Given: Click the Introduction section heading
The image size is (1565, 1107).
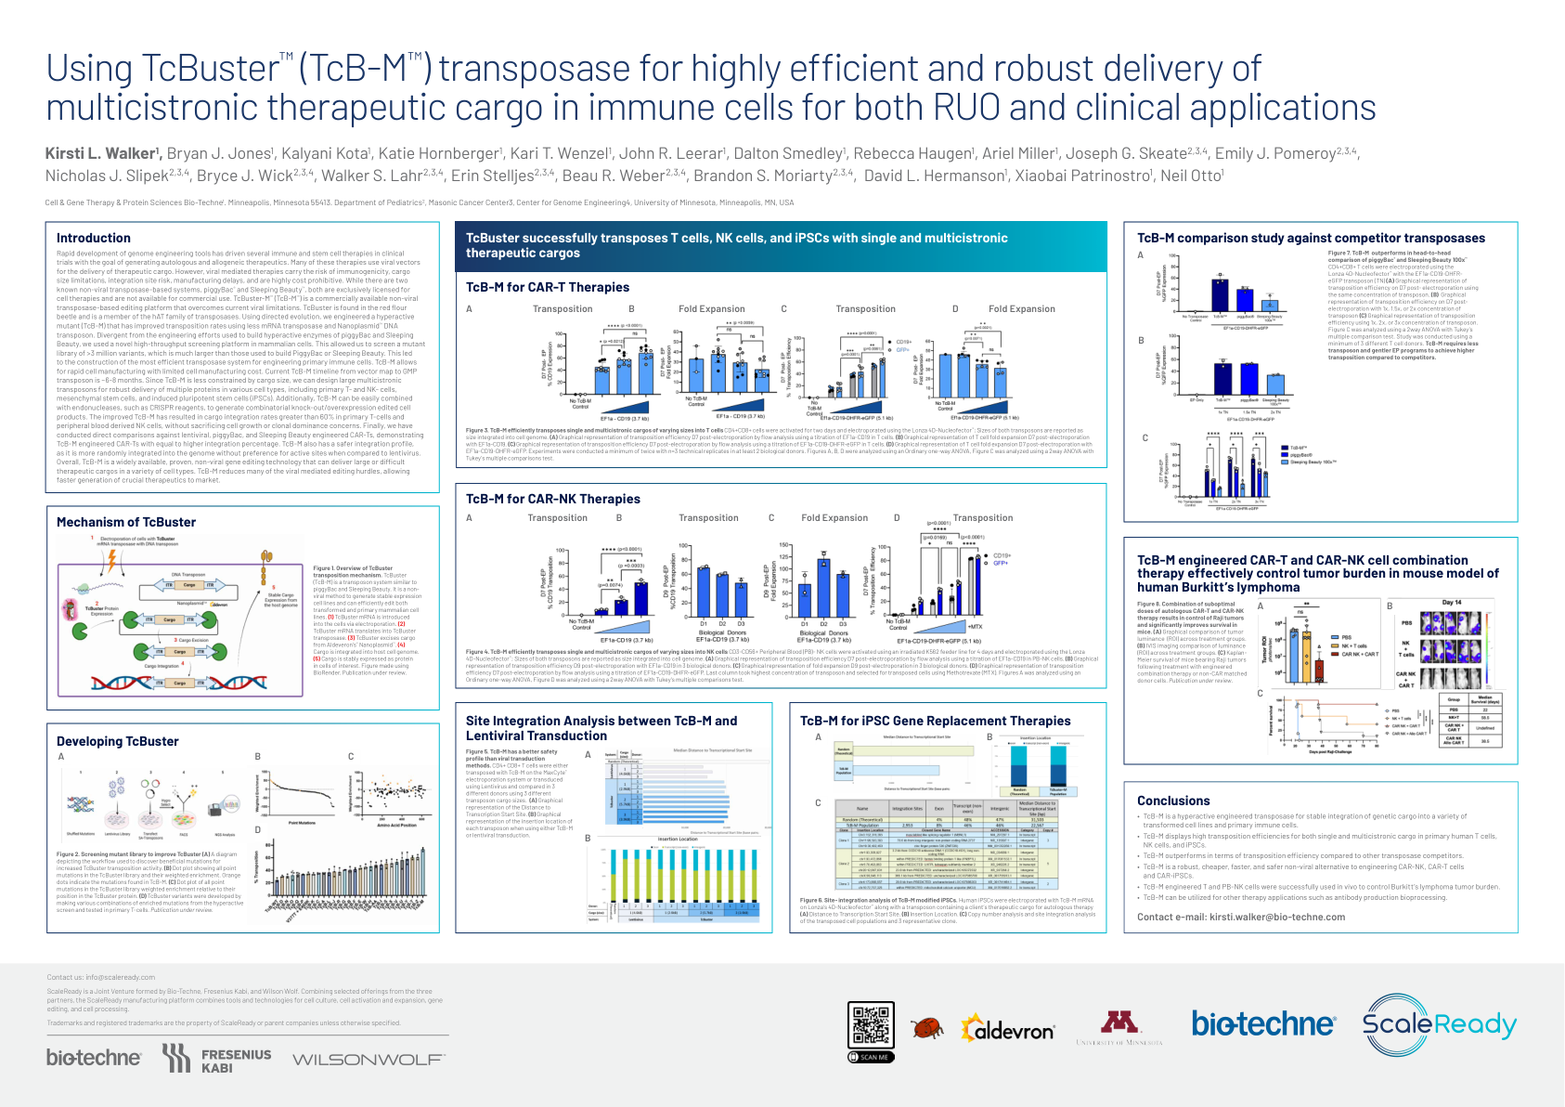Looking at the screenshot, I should coord(94,239).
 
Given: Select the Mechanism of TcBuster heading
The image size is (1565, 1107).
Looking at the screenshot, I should coord(126,523).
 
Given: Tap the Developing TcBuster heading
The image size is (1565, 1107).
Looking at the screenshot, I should coord(118,741).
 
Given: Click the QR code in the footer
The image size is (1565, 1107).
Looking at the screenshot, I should coord(872,1026).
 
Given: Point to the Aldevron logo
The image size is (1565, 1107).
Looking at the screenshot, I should coord(1008,1030).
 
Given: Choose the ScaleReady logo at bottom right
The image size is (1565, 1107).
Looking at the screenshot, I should coord(1439,1024).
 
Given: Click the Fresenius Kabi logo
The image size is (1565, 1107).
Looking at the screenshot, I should coord(217,1060).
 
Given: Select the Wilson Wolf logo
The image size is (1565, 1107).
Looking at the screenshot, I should coord(369,1060).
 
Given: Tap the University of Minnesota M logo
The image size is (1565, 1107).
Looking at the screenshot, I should coord(1119,1023).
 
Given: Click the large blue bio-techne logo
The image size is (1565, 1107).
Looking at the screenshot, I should coord(1263,1024).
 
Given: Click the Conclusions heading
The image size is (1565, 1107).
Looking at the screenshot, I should coord(1173,801).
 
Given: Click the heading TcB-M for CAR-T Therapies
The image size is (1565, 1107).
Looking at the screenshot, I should coord(548,288).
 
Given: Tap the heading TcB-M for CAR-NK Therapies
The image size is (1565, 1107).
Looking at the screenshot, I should coord(553,500).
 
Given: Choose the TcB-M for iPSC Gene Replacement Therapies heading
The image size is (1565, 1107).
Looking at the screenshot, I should coord(936,721).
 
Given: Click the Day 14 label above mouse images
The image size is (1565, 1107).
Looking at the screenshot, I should coord(1452,603).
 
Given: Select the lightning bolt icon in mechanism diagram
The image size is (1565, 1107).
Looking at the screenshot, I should coord(111,560).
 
